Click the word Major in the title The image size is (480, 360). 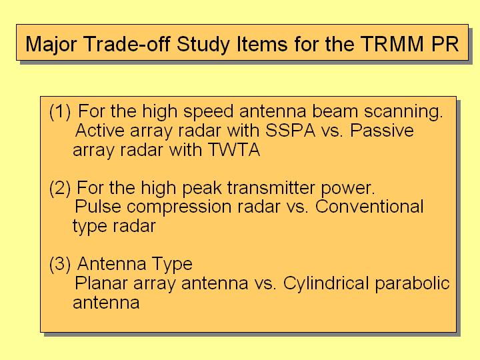pyautogui.click(x=51, y=44)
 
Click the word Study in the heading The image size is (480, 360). pyautogui.click(x=203, y=44)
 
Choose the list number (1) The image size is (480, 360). pyautogui.click(x=60, y=111)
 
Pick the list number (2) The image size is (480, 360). pyautogui.click(x=60, y=187)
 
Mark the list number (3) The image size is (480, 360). pyautogui.click(x=60, y=263)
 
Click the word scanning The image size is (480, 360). pyautogui.click(x=403, y=112)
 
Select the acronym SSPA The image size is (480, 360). pyautogui.click(x=290, y=131)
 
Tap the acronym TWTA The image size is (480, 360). pyautogui.click(x=234, y=150)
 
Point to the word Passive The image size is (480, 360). pyautogui.click(x=382, y=131)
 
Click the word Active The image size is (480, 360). pyautogui.click(x=100, y=131)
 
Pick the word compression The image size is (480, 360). pyautogui.click(x=179, y=207)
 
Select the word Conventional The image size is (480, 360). pyautogui.click(x=369, y=207)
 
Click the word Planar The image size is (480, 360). pyautogui.click(x=101, y=283)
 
